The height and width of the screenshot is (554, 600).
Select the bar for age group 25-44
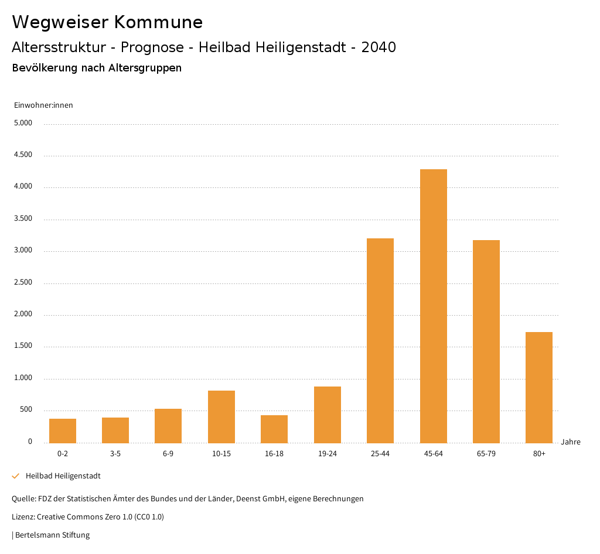(380, 340)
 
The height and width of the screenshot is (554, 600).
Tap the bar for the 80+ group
(539, 387)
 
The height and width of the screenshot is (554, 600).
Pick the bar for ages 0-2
(63, 430)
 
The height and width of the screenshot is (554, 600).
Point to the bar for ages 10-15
(221, 416)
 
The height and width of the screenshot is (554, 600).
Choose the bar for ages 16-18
(274, 429)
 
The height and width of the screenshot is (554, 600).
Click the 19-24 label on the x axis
(328, 454)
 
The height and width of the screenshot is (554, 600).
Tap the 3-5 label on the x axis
(115, 454)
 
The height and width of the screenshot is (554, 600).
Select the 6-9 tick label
(168, 454)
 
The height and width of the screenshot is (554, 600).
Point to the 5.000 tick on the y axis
(23, 124)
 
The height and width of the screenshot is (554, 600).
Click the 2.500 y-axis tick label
(23, 283)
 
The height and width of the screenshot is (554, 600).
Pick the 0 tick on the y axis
(30, 442)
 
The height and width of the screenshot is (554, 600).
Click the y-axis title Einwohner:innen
(43, 105)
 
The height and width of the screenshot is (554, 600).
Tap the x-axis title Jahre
(571, 442)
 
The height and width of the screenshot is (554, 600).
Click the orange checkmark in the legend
(16, 476)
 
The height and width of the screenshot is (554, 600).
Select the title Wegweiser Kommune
(107, 22)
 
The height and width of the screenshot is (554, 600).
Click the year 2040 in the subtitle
(379, 47)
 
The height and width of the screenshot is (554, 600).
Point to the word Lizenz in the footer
(23, 517)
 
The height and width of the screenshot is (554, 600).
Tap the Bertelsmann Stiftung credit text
(52, 535)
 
